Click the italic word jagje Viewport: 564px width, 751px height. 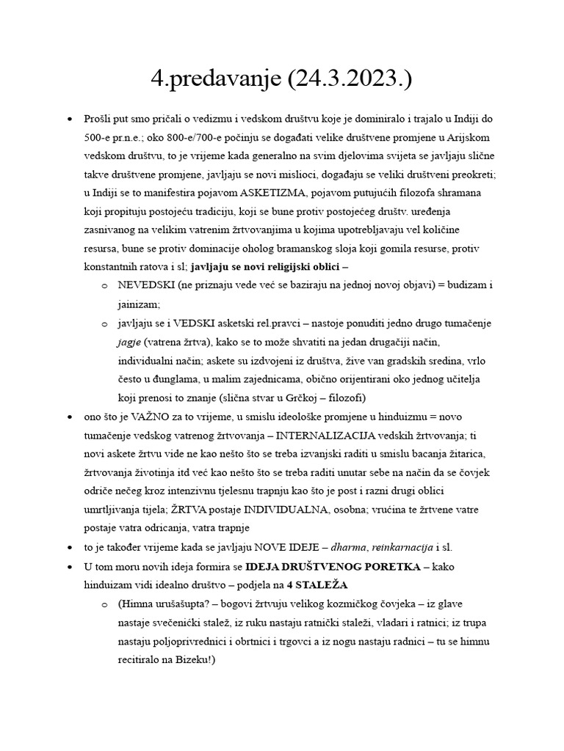tap(129, 342)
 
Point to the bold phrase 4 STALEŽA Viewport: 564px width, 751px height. tap(319, 585)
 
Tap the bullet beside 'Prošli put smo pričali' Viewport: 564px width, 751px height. tap(70, 118)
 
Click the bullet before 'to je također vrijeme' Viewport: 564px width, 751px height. tap(70, 548)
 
